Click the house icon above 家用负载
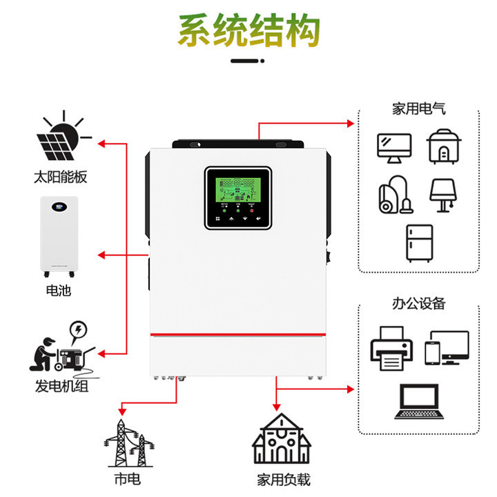(281, 441)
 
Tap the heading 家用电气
(418, 108)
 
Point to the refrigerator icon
(418, 242)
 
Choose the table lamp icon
(442, 195)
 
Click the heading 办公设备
(418, 304)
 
